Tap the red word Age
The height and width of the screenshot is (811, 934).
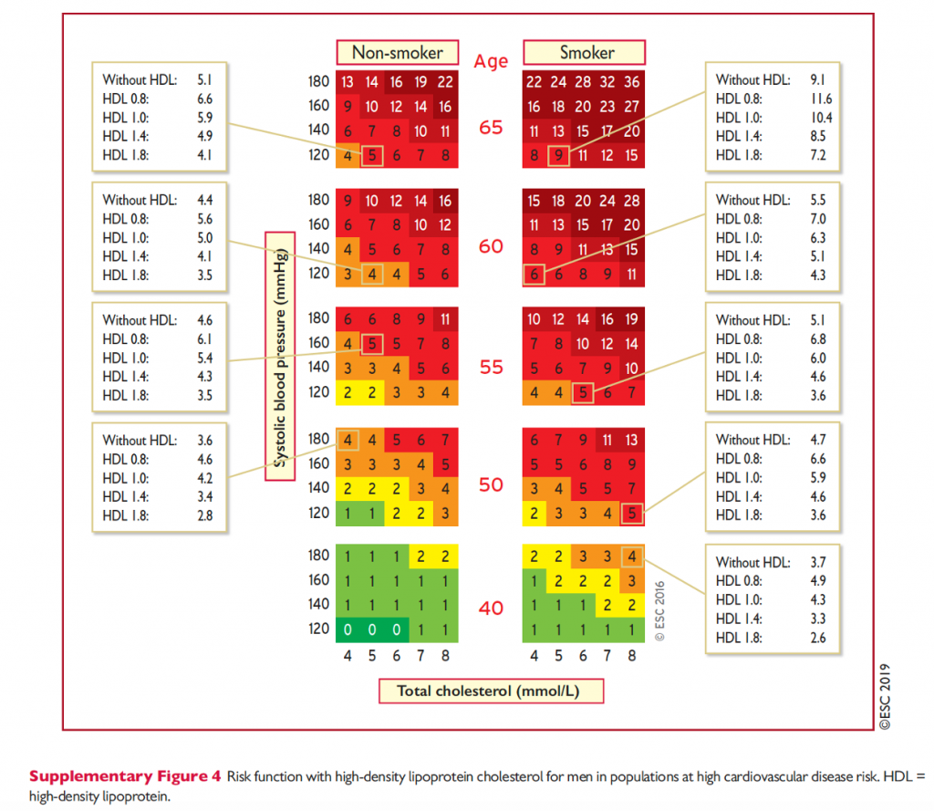coord(491,62)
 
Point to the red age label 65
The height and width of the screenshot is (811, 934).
coord(491,128)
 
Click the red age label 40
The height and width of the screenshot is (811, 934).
coord(491,608)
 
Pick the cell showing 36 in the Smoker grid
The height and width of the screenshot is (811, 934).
coord(631,83)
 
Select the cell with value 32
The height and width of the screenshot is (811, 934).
coord(607,83)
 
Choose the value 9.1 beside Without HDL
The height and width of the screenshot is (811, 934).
coord(819,79)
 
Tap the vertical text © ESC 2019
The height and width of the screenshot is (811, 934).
coord(884,696)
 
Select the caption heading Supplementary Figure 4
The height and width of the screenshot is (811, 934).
coord(125,777)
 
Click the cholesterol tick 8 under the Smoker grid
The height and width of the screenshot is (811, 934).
coord(631,655)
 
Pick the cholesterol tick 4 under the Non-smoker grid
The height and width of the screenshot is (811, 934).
coord(348,655)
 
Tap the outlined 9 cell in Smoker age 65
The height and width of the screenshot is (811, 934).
coord(558,156)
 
